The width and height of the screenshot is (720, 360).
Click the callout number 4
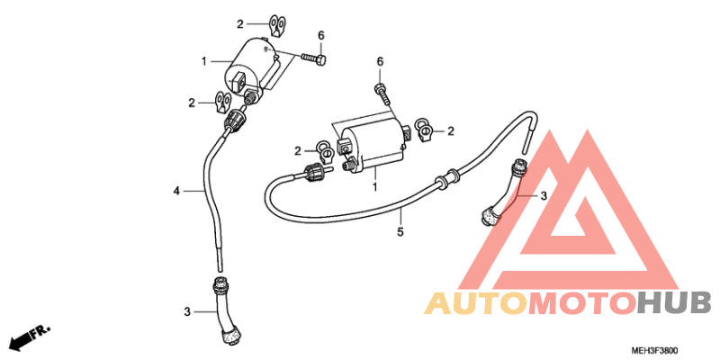point(176,191)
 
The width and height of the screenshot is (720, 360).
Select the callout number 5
point(400,232)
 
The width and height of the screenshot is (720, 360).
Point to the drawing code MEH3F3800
point(654,351)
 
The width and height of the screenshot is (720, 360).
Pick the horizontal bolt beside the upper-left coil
point(314,58)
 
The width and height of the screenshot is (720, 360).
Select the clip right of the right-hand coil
point(423,130)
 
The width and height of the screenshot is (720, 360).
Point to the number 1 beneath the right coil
point(374,187)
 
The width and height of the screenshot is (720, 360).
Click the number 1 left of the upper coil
point(204,61)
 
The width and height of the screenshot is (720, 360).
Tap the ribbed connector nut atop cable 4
point(235,121)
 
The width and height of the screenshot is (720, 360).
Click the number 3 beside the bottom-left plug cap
point(187,311)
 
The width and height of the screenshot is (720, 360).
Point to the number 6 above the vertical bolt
point(380,61)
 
